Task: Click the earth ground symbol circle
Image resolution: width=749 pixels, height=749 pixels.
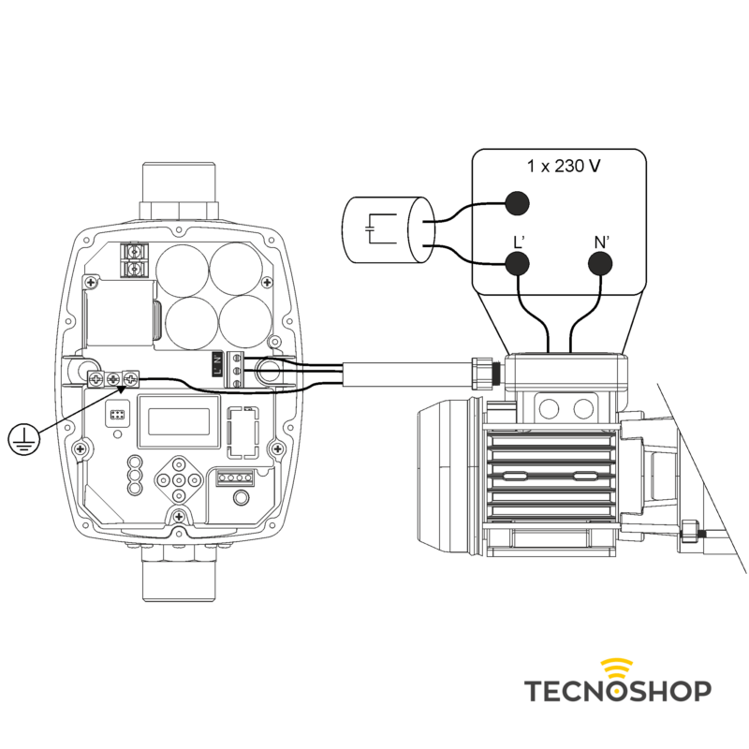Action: (24, 439)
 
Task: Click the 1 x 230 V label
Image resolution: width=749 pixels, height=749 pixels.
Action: (564, 167)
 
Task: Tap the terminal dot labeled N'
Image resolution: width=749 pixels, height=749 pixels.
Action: (600, 264)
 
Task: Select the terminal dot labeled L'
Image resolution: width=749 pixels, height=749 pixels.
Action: (517, 264)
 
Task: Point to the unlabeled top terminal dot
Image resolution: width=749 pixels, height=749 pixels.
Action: (517, 203)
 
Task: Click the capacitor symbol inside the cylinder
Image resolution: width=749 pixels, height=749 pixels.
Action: (381, 228)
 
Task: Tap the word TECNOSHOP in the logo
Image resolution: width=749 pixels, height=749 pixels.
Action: (618, 691)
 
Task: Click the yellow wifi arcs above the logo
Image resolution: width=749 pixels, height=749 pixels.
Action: (617, 668)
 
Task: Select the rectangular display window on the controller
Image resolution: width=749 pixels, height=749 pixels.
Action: (179, 422)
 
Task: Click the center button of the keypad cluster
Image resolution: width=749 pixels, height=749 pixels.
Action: (179, 479)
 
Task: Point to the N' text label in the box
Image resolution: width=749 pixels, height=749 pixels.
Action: (601, 242)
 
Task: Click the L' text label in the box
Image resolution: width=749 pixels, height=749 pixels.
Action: (519, 242)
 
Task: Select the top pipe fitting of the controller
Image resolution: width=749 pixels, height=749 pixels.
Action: (179, 190)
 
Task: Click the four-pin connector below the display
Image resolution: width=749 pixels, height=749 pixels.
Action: (235, 477)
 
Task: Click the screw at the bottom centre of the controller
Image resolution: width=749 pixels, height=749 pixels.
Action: (179, 517)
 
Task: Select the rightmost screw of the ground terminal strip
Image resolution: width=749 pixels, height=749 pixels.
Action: (130, 379)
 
